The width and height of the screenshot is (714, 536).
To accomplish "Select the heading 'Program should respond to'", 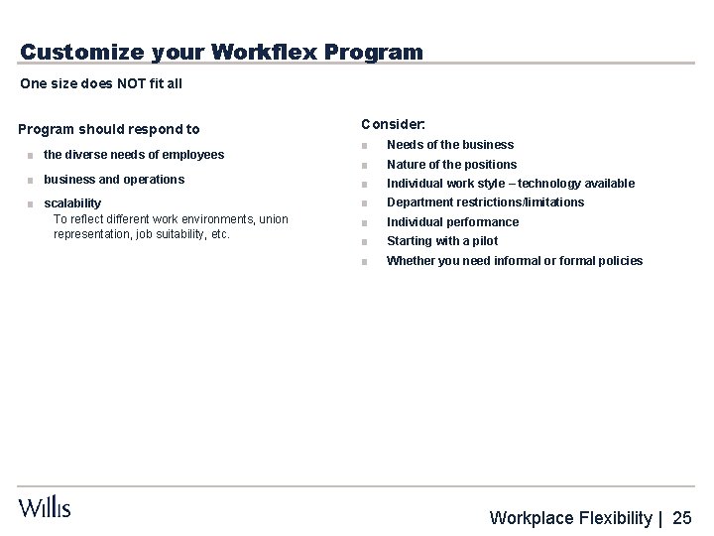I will coord(109,129).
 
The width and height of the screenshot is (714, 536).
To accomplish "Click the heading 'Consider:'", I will coord(394,124).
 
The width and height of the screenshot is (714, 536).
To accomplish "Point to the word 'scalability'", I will coord(72,203).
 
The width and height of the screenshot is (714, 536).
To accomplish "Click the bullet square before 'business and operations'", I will coord(32,181).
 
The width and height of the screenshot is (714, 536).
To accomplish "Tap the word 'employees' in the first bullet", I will coord(196,154).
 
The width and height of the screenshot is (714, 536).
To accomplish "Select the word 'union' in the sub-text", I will coord(273,218).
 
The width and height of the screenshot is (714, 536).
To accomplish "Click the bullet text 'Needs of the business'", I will coord(450,145).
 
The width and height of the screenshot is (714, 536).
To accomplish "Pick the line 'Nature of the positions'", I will coord(451,164).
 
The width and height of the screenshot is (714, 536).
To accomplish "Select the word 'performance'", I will coord(481,221).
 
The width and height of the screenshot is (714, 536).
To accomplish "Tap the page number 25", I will coord(682,516).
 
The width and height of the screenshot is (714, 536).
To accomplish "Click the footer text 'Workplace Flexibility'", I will coord(572,516).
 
